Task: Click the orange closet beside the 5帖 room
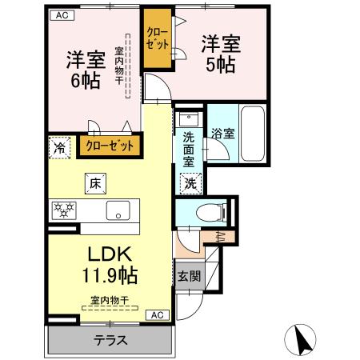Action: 157,39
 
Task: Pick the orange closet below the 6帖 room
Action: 110,146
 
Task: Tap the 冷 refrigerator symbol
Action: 58,147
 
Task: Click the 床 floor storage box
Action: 94,184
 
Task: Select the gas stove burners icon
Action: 63,210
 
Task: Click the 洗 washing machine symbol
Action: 192,182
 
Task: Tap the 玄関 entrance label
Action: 189,277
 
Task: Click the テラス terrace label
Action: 111,340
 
